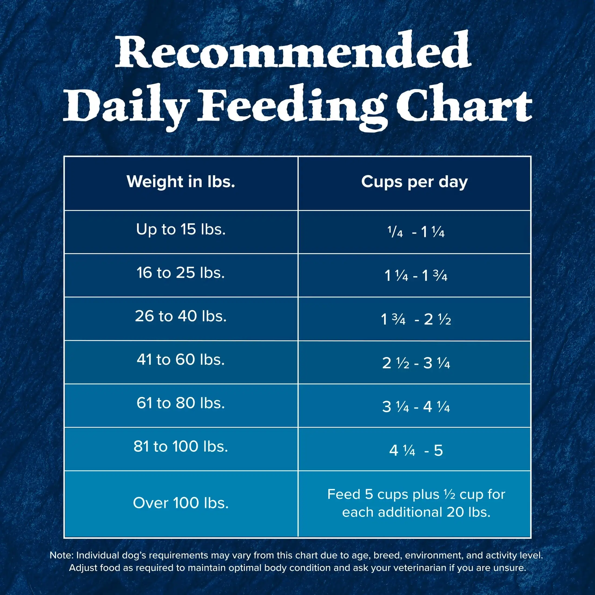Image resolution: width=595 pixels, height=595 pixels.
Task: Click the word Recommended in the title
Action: pos(293,50)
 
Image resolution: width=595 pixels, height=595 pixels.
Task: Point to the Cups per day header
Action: pos(414,182)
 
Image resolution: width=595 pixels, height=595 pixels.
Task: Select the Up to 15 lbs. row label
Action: pos(181,229)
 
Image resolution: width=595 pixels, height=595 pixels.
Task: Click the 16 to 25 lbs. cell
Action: pos(181,273)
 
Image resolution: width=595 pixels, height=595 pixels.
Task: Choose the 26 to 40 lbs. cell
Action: pos(181,316)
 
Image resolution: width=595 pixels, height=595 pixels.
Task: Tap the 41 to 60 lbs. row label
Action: pos(181,360)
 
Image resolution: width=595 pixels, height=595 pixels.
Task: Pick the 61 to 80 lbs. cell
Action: pos(181,403)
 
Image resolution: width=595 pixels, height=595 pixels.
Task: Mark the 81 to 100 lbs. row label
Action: pos(181,447)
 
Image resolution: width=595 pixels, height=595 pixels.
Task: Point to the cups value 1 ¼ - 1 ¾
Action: pos(416,276)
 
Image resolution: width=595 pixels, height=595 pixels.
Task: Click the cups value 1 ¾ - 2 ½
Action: pos(416,319)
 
